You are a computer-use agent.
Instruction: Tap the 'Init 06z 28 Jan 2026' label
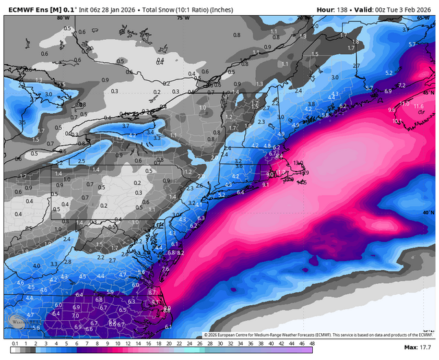[104, 5]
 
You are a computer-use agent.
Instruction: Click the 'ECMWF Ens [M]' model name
[28, 5]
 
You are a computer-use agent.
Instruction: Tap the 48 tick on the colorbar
[311, 343]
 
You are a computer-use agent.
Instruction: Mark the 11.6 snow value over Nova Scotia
[418, 106]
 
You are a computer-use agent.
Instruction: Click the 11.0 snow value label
[404, 104]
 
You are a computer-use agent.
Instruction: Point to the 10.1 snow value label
[397, 121]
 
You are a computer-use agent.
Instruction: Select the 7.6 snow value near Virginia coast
[165, 269]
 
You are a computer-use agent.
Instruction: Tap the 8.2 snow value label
[181, 253]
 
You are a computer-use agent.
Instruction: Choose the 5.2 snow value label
[389, 73]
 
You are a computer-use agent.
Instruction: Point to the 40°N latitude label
[427, 213]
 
